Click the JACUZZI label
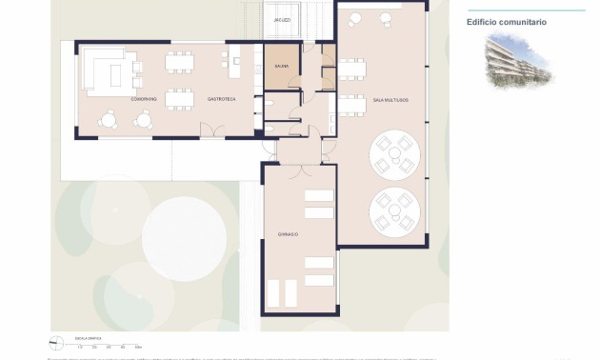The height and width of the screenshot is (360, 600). pyautogui.click(x=282, y=19)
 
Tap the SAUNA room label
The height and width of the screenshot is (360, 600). pyautogui.click(x=282, y=67)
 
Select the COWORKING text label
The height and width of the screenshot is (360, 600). pyautogui.click(x=144, y=99)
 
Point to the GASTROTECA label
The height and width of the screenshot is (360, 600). pyautogui.click(x=222, y=99)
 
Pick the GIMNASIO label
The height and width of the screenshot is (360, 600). pyautogui.click(x=288, y=234)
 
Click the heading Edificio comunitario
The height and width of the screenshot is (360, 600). pyautogui.click(x=507, y=22)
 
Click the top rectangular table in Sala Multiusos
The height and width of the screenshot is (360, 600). pyautogui.click(x=351, y=67)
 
